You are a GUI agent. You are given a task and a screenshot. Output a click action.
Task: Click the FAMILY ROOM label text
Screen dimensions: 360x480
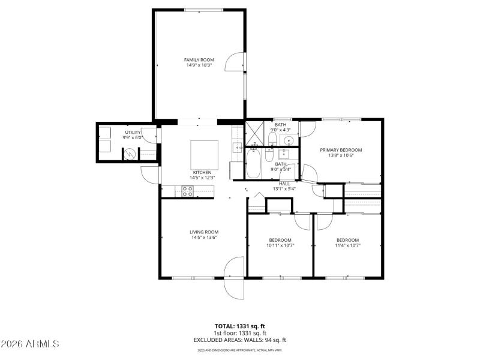pos(199,59)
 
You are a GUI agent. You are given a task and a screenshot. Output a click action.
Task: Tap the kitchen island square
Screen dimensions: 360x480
pos(205,154)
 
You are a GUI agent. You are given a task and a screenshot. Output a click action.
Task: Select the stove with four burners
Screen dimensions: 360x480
pos(187,191)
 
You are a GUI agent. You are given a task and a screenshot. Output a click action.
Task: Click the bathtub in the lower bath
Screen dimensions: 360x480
pos(253,164)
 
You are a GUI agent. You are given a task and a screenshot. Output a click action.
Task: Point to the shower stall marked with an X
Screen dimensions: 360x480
pos(254,130)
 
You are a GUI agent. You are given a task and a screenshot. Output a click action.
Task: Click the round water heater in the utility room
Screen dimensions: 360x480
pos(130,154)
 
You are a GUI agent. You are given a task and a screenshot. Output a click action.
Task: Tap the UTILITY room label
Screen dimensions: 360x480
pos(133,132)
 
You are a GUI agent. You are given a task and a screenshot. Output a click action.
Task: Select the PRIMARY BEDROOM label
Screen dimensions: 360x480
pos(341,150)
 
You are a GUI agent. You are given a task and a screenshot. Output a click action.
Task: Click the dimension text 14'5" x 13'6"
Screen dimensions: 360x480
pos(204,238)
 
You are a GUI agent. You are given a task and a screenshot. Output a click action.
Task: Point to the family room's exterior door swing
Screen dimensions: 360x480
pos(236,62)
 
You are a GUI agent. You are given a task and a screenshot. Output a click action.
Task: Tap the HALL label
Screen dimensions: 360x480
pos(284,184)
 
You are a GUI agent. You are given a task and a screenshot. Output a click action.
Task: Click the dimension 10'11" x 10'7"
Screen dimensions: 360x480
pos(280,245)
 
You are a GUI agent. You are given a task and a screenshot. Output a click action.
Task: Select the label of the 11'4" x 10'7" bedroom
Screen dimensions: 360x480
pos(347,240)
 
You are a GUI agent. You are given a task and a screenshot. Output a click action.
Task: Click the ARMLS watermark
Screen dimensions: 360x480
pos(30,344)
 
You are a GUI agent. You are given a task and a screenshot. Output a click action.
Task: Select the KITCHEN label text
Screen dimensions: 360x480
pos(202,173)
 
